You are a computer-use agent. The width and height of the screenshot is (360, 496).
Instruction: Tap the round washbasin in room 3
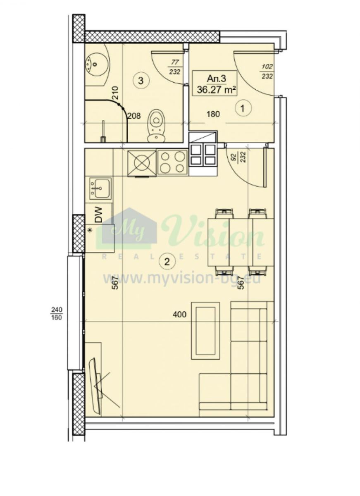click(x=94, y=64)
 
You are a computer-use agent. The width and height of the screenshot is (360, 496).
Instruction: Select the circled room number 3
click(x=141, y=80)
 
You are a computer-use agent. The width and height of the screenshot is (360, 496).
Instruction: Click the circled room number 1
click(x=243, y=108)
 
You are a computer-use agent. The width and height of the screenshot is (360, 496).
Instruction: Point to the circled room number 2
click(x=167, y=262)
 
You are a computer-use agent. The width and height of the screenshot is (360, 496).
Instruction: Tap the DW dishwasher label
click(x=98, y=215)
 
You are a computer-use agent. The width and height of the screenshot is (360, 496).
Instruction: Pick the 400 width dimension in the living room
click(x=179, y=315)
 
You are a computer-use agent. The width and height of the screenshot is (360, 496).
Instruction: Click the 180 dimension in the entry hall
click(x=213, y=114)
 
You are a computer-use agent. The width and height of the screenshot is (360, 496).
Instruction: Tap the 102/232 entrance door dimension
click(x=267, y=71)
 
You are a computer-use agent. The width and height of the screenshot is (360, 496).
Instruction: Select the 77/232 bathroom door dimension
click(x=175, y=67)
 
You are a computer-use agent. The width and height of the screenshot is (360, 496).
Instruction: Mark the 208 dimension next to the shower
click(x=134, y=116)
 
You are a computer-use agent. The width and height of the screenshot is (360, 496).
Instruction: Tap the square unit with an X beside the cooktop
click(x=142, y=163)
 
